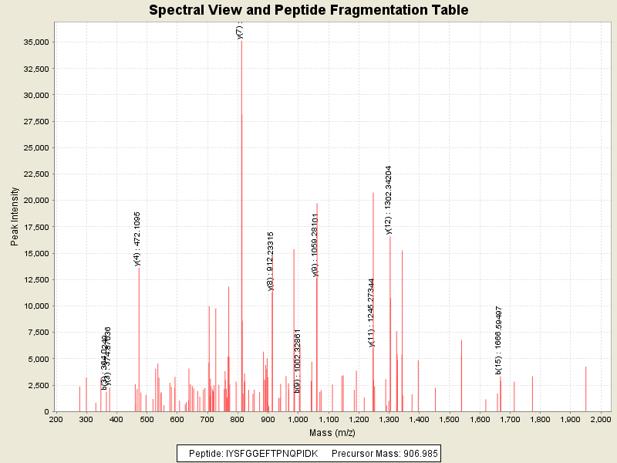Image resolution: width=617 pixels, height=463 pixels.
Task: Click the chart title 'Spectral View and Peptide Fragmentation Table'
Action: pos(308,11)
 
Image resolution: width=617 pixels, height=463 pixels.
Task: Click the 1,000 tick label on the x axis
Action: pos(298,420)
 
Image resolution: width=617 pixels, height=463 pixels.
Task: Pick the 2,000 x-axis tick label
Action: pos(600,420)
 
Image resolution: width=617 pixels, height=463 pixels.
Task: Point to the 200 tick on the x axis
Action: pos(56,420)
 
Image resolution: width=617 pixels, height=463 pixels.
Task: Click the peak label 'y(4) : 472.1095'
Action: pos(137,238)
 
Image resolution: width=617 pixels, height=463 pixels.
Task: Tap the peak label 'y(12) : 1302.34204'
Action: pos(389,199)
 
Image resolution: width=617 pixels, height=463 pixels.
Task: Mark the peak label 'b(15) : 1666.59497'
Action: pos(500,340)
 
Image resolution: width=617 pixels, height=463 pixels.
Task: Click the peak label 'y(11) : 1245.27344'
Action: pos(372,313)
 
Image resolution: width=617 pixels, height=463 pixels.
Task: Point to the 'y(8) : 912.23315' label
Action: pos(271,261)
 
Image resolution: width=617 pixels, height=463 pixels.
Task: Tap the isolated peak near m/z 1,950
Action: pos(585,390)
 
